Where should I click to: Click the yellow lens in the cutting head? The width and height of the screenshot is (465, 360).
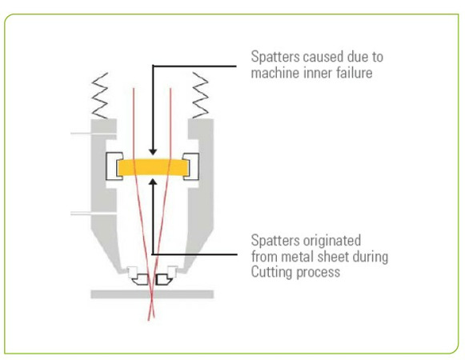click(x=153, y=167)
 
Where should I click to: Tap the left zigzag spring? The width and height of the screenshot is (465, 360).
click(x=100, y=95)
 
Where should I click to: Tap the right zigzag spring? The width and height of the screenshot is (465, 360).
click(x=200, y=95)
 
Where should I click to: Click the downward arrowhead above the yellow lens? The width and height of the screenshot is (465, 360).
click(x=153, y=151)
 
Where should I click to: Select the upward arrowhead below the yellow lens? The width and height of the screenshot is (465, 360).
click(x=153, y=182)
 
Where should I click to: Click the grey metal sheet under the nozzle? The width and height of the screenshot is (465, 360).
click(x=152, y=294)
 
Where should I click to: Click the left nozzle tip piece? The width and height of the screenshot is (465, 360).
click(x=141, y=280)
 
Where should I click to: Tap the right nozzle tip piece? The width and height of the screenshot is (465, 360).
click(x=164, y=280)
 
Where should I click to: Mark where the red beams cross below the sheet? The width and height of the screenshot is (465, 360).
click(x=151, y=309)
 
